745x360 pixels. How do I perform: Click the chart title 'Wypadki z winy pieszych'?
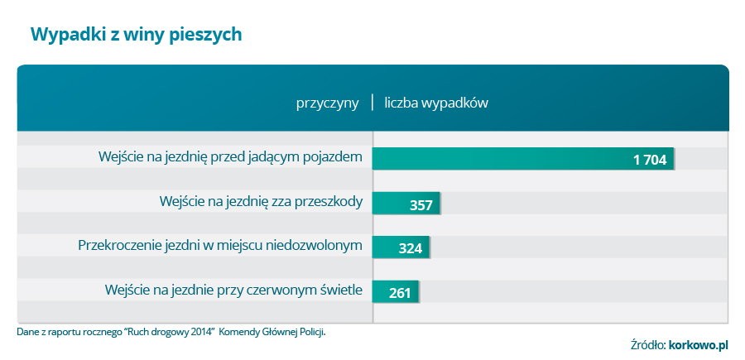point(136,34)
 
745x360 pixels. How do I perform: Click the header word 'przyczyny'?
point(328,103)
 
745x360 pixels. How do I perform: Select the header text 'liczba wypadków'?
point(436,103)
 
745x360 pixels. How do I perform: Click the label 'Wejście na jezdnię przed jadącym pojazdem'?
point(230,157)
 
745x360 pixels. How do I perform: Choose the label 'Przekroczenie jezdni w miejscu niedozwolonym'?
point(220,246)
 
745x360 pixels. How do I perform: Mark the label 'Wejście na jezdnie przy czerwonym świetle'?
point(233,290)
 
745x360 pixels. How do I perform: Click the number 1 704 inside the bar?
point(650,160)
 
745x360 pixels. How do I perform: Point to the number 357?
point(421,204)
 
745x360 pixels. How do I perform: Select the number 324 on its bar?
point(411,248)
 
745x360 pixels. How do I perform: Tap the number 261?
point(400,292)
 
